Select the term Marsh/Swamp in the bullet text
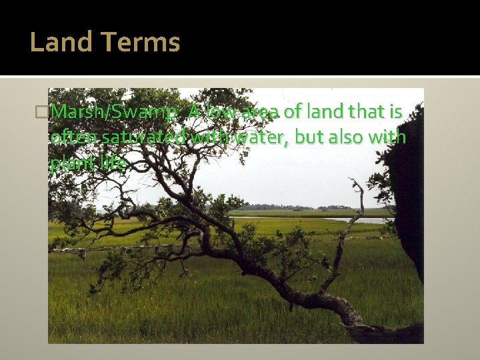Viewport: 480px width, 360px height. pos(114,112)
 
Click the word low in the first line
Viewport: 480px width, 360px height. pos(221,112)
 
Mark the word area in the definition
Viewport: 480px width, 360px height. pos(261,112)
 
